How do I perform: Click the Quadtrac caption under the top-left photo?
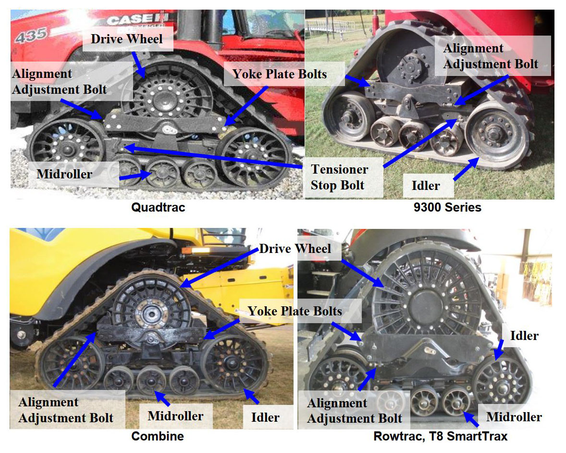158,208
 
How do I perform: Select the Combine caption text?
157,437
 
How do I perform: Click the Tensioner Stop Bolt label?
339,177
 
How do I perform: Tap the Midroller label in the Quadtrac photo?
64,174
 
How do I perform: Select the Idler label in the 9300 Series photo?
426,185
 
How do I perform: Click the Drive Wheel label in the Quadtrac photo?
127,38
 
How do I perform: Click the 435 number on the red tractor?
31,35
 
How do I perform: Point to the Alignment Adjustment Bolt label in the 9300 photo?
490,56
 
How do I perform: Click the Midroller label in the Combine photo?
175,416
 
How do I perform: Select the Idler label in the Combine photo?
265,417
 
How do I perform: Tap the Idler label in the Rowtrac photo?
524,335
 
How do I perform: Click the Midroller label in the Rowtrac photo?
514,417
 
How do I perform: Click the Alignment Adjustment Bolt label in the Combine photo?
66,410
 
